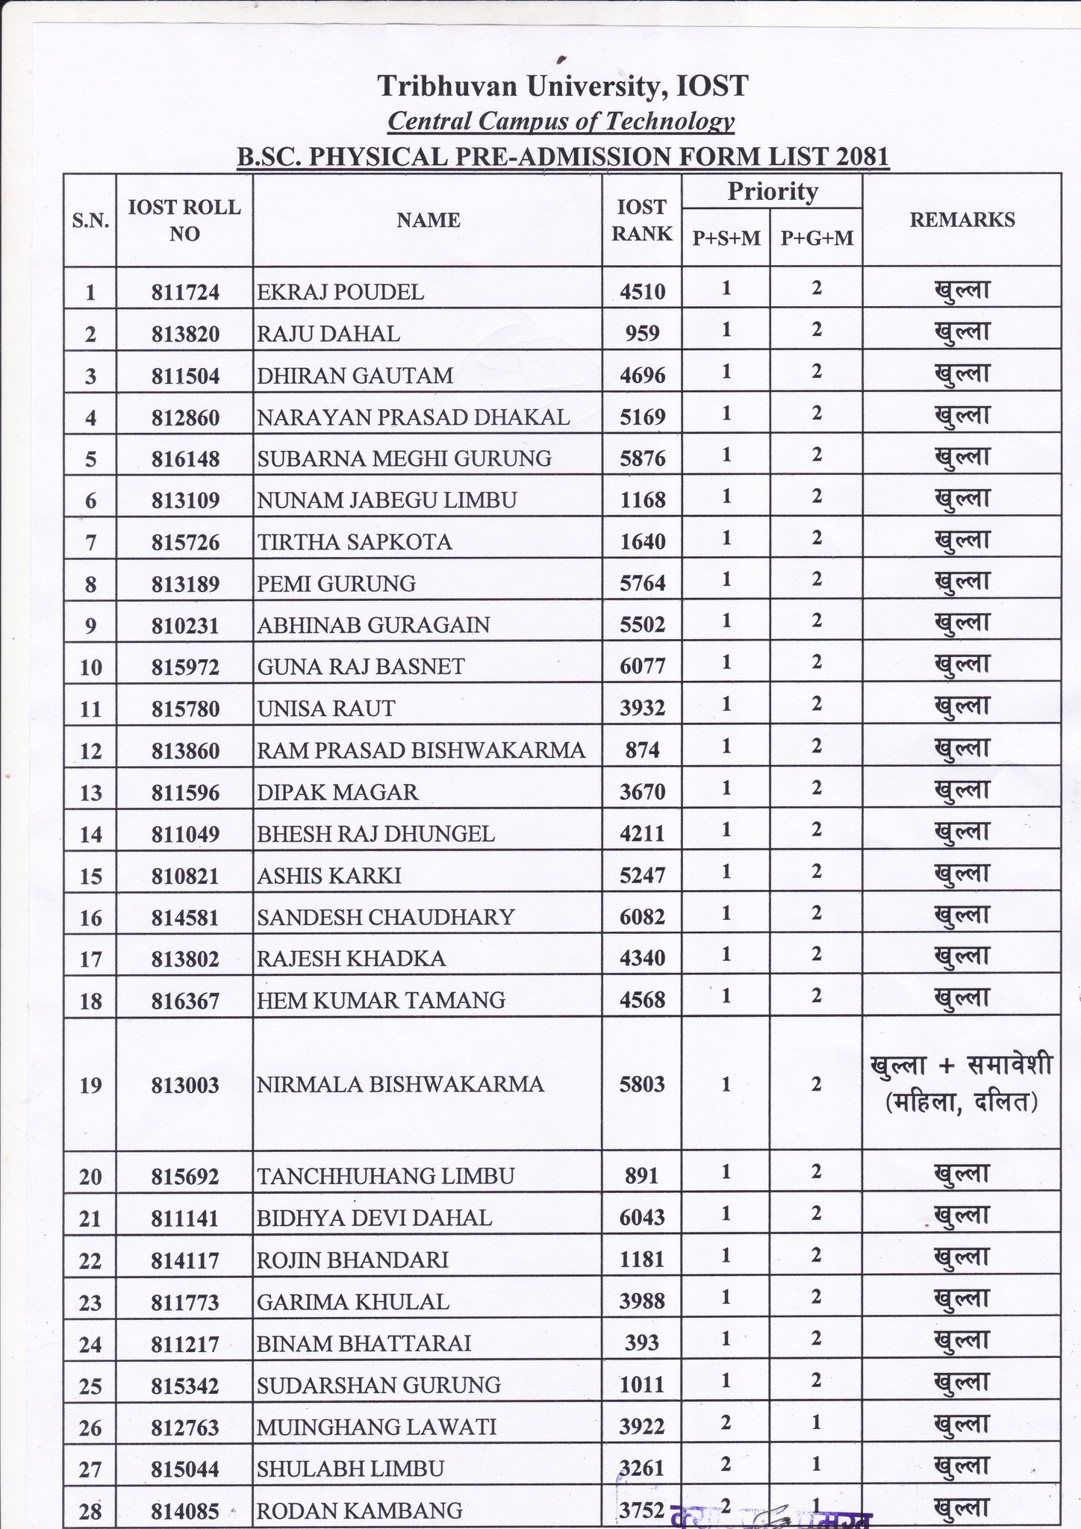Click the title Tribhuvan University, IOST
pos(562,87)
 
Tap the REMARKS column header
pos(962,219)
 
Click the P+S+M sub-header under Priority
pos(726,238)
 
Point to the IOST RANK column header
pos(642,219)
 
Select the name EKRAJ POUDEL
pos(340,292)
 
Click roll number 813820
pos(185,334)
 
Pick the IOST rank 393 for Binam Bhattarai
pos(642,1343)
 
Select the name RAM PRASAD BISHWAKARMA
pos(421,750)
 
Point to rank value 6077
pos(642,667)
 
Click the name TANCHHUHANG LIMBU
pos(385,1177)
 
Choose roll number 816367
pos(185,1000)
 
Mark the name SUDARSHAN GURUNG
pos(378,1385)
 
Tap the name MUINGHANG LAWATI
pos(376,1427)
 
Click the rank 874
pos(642,750)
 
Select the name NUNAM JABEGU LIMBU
pos(387,500)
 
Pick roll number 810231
pos(185,625)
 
